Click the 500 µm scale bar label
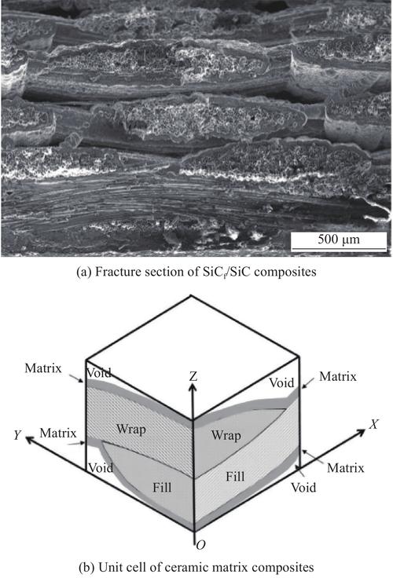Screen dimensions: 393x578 (339, 240)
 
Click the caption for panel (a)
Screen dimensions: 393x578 (196, 272)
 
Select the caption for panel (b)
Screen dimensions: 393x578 (196, 567)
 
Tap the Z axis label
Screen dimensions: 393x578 (193, 376)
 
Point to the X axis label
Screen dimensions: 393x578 (374, 424)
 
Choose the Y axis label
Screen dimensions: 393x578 (17, 435)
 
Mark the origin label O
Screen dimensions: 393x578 (200, 545)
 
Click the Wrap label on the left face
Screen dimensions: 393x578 (131, 430)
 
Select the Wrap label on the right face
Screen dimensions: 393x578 (226, 435)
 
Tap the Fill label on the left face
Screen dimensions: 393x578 (162, 488)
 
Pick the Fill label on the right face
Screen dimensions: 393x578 (235, 477)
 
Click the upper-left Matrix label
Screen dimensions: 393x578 (43, 368)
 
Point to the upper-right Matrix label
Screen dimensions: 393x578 (338, 376)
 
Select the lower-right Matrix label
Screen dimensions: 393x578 (345, 468)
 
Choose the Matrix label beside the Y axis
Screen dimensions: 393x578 (58, 433)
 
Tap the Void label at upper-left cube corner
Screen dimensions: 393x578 (99, 373)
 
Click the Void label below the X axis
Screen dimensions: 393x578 (303, 488)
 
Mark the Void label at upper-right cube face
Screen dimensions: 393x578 (281, 382)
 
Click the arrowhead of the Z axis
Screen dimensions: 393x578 (193, 386)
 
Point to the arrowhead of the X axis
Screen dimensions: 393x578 (360, 433)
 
